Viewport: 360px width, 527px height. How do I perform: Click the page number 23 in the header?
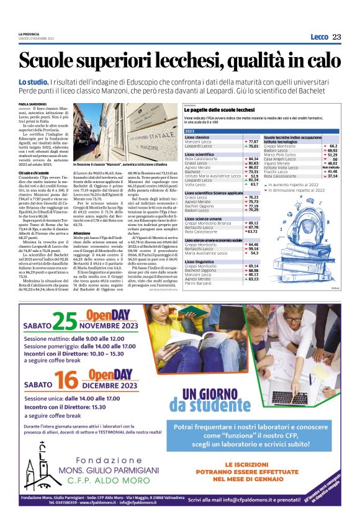tap(336, 37)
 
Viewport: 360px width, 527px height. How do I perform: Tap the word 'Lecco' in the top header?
tap(319, 37)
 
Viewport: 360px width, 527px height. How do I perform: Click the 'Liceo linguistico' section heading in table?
tap(203, 263)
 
